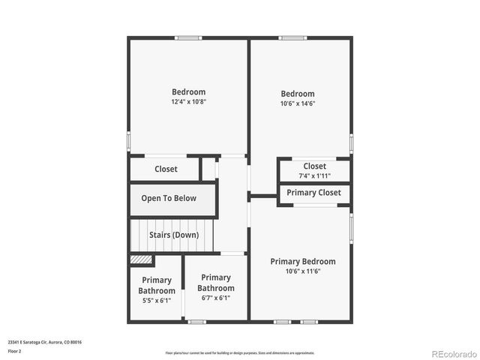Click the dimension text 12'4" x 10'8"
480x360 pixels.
188,102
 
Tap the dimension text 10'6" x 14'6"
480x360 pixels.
298,103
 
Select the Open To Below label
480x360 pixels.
169,199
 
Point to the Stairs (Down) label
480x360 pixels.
173,235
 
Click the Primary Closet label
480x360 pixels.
313,193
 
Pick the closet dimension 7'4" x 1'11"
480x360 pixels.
314,176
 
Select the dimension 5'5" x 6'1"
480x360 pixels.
157,301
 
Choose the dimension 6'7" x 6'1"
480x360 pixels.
216,298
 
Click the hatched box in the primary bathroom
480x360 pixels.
141,260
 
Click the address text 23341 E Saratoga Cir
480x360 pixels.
44,342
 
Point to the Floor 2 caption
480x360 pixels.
16,350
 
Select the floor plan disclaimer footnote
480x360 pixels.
240,352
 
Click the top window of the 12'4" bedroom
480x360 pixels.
188,38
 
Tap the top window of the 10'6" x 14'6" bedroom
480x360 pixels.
292,38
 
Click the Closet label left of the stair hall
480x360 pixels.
166,169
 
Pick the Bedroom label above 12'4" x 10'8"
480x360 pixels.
188,92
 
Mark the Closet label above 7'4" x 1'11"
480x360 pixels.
314,166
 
